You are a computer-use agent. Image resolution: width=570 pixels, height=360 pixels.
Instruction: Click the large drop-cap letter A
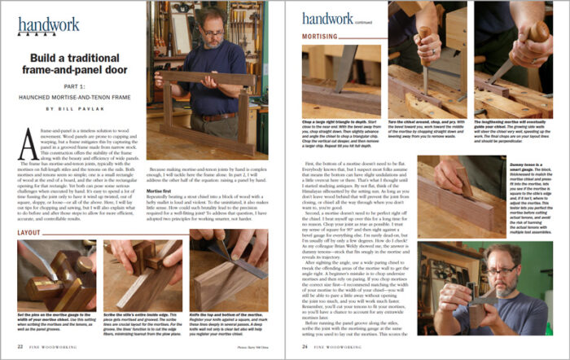click(25, 139)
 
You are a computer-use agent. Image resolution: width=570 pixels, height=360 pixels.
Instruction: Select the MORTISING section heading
click(319, 37)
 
